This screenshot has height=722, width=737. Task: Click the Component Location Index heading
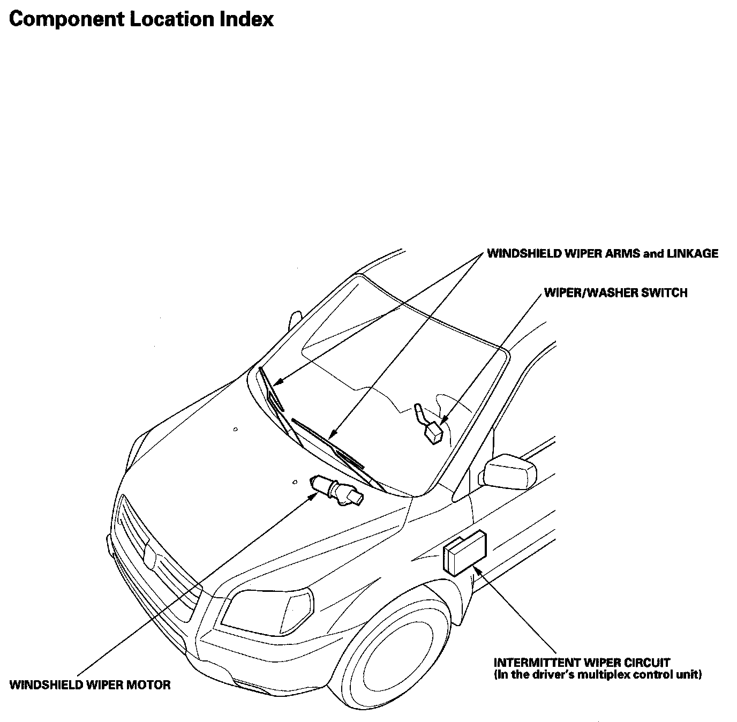[141, 19]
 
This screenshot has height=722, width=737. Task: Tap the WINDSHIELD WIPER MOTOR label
[90, 685]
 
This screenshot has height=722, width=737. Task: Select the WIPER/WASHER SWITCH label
[615, 292]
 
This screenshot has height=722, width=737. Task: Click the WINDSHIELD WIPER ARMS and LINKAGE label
[602, 253]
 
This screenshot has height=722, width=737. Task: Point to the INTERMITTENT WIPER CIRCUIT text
[582, 663]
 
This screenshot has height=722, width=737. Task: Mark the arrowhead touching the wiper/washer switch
[443, 421]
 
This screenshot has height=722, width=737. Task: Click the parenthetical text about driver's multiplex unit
[597, 675]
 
